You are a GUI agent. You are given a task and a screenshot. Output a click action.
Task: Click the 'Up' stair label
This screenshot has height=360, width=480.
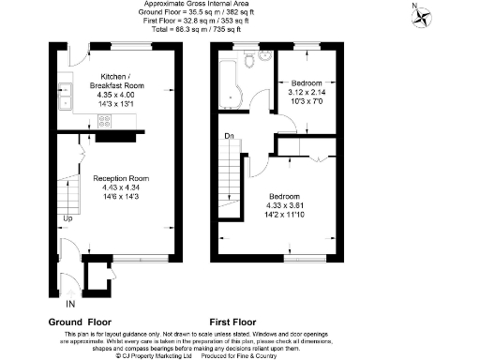point(67,220)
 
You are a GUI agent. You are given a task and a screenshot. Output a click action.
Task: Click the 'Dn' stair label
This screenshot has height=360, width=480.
point(229,138)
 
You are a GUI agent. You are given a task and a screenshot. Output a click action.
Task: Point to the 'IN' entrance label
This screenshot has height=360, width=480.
point(69,305)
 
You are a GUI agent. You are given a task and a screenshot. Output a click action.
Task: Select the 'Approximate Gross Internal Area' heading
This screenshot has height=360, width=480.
point(239,4)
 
